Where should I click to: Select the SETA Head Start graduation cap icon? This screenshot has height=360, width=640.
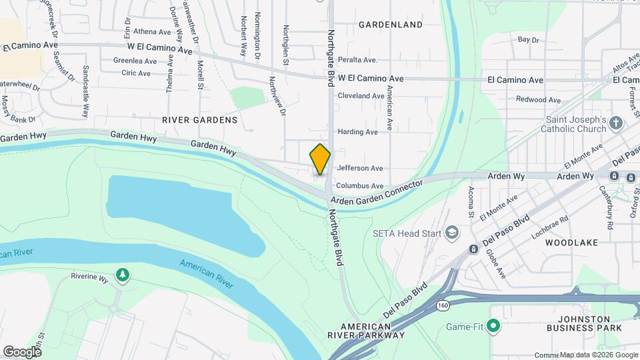coord(453,232)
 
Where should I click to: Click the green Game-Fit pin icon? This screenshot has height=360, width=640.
coord(493,326)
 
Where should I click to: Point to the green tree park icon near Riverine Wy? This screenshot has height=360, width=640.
coord(122,275)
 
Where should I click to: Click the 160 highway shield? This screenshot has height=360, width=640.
coord(443,305)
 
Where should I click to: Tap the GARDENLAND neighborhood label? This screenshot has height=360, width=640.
coord(391,25)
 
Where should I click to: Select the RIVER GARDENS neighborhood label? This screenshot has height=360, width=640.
coord(199,120)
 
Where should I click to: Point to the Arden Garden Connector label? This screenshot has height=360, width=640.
coord(377,191)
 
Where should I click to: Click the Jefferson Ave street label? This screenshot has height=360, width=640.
coord(360,169)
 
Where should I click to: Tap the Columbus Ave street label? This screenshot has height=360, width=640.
coord(360,186)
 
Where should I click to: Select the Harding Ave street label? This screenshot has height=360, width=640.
coord(358,132)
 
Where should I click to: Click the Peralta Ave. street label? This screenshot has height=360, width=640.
coord(357,59)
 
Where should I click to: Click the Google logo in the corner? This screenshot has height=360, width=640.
coord(21,351)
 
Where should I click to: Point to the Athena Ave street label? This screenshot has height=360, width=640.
coord(153,31)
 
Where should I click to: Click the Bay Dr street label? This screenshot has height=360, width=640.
coord(528,40)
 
